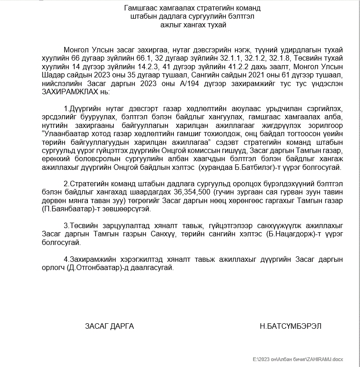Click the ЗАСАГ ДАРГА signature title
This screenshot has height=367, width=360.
[109, 326]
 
